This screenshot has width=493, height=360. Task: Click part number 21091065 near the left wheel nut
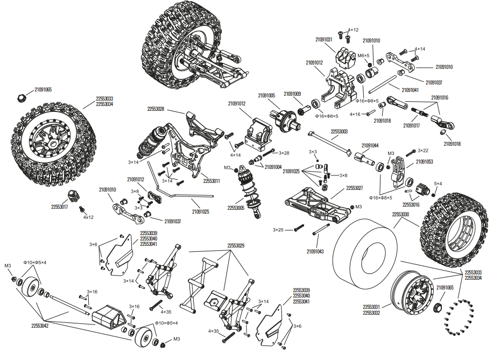(43, 89)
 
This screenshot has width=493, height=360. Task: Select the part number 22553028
(156, 109)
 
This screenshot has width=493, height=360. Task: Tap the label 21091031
(323, 39)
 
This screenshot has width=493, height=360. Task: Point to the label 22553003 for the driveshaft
(339, 131)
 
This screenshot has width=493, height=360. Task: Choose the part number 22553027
(354, 188)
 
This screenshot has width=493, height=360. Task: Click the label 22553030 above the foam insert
(400, 214)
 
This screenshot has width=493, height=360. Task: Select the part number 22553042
(39, 326)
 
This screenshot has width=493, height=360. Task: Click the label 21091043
(315, 251)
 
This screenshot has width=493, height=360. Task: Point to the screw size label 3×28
(284, 153)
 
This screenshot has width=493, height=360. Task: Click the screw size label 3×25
(278, 230)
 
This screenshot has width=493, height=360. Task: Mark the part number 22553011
(211, 181)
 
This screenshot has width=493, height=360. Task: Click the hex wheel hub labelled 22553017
(73, 195)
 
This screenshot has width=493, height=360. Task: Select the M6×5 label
(364, 55)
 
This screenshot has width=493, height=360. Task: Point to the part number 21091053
(424, 161)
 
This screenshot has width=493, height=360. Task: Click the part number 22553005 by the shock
(236, 208)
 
